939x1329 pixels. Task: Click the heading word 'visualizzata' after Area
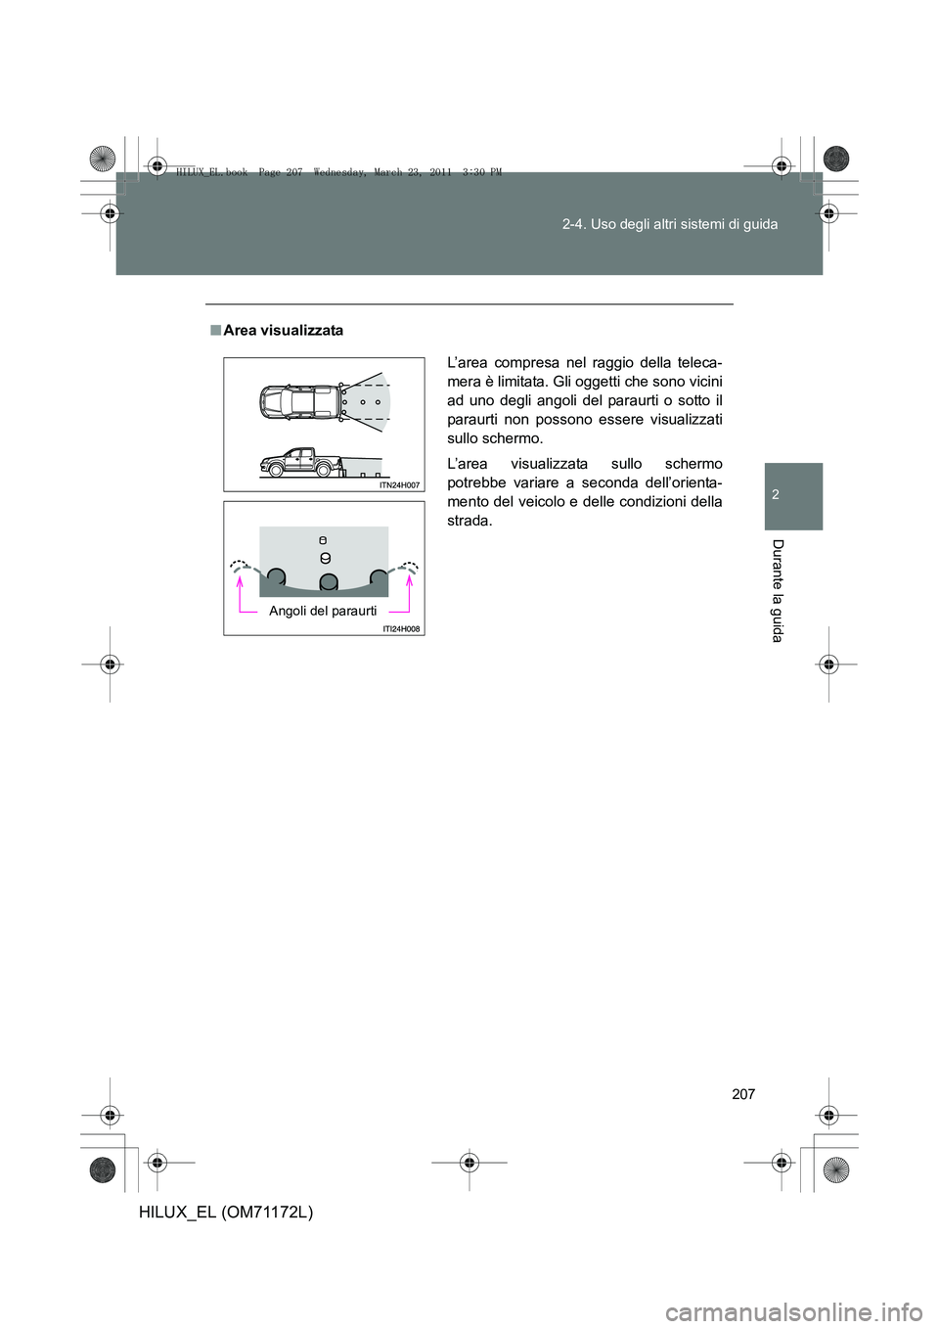(x=302, y=331)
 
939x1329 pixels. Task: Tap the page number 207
(x=743, y=1094)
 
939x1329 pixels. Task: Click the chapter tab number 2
(x=776, y=495)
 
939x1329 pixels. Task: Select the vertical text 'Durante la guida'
(x=777, y=590)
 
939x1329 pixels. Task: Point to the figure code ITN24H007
(x=400, y=485)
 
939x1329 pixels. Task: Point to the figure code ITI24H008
(x=401, y=629)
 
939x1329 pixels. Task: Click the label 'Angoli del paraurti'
(x=323, y=611)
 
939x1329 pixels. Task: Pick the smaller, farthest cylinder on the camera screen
(x=323, y=540)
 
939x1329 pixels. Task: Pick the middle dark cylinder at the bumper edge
(x=329, y=581)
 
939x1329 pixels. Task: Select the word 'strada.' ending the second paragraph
(x=469, y=521)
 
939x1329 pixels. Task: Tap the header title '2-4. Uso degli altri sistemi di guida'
(x=670, y=224)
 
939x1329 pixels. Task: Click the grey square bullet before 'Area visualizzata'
(x=214, y=331)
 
